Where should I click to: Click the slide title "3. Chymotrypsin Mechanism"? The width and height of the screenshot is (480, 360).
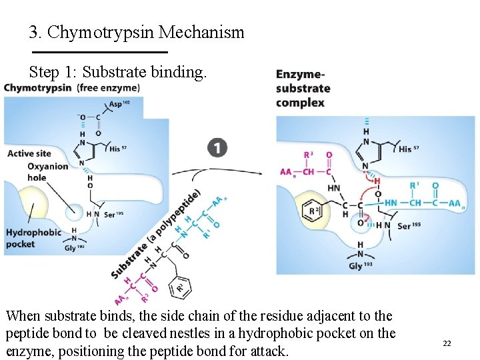[x=137, y=31]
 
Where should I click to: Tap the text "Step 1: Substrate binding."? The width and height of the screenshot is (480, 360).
[x=119, y=71]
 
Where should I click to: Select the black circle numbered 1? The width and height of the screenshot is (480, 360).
[x=217, y=148]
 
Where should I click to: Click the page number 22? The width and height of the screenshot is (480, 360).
[x=447, y=343]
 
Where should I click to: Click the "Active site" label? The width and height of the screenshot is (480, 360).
[x=29, y=154]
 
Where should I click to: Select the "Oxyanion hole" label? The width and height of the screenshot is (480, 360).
[x=47, y=172]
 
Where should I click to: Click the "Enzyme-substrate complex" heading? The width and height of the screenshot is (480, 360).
[x=303, y=88]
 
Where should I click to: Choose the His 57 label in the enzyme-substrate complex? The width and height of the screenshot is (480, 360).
[x=409, y=149]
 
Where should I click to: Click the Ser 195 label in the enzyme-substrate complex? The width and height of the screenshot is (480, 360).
[x=409, y=226]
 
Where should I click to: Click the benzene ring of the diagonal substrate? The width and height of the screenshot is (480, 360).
[x=179, y=287]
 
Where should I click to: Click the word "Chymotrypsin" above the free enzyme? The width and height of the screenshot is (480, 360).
[x=38, y=87]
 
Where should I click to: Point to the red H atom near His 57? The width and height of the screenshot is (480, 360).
[x=376, y=181]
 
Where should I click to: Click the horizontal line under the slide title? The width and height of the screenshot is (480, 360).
[x=100, y=52]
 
